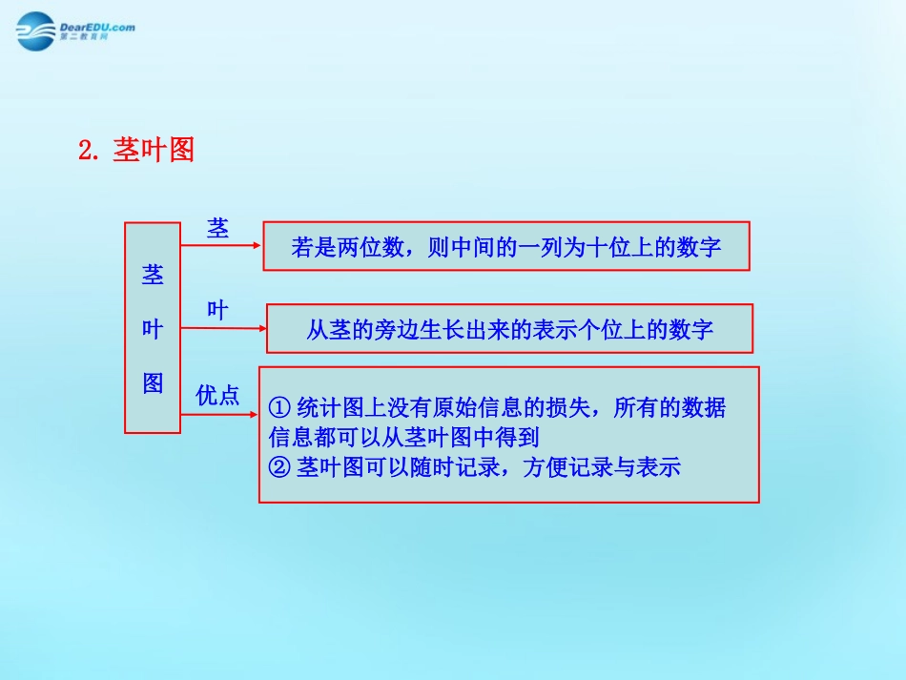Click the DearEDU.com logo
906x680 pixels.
pyautogui.click(x=75, y=31)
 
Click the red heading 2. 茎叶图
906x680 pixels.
pyautogui.click(x=136, y=150)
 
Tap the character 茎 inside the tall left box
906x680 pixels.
pyautogui.click(x=153, y=276)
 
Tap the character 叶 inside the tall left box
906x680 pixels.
pyautogui.click(x=153, y=329)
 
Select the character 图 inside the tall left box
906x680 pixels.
pyautogui.click(x=153, y=382)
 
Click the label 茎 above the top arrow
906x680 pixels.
pyautogui.click(x=217, y=228)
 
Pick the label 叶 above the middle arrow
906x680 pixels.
pyautogui.click(x=217, y=311)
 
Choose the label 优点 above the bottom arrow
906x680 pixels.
pyautogui.click(x=217, y=396)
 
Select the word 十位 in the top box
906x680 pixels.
pyautogui.click(x=599, y=248)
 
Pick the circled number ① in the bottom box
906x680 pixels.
pyautogui.click(x=279, y=408)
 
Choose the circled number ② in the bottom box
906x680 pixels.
pyautogui.click(x=279, y=467)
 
